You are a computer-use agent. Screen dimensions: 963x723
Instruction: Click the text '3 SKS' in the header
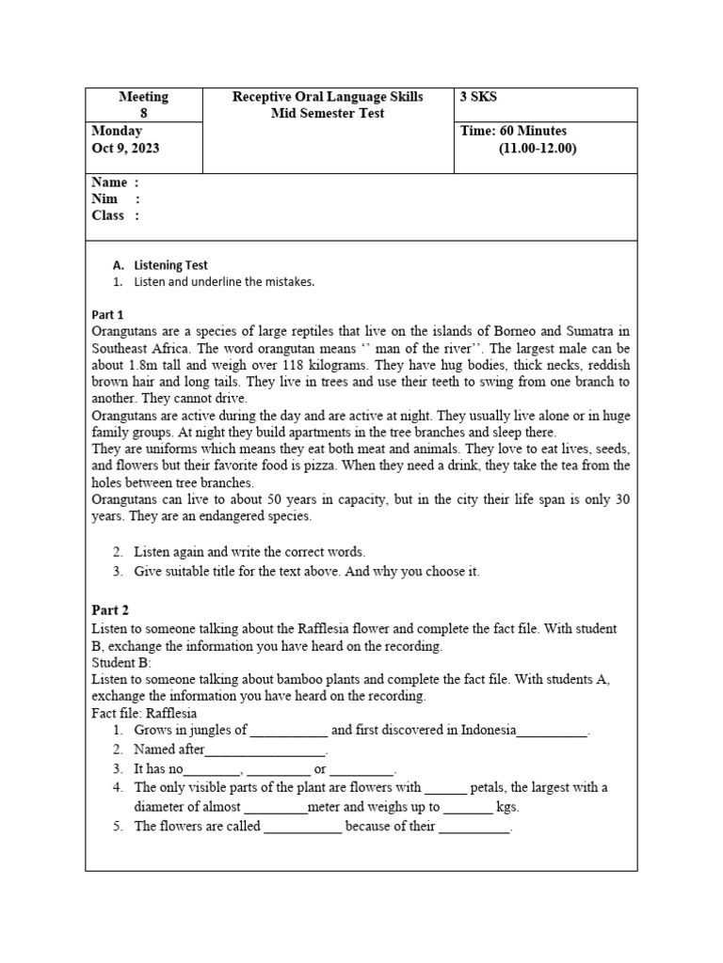click(480, 97)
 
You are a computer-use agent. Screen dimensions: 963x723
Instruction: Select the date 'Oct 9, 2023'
click(126, 149)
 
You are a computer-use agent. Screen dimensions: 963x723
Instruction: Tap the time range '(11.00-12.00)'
click(538, 149)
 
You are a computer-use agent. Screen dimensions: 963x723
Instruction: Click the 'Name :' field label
click(115, 182)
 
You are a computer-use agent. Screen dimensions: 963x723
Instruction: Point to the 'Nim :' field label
click(115, 198)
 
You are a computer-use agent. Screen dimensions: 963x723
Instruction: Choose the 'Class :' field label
click(115, 215)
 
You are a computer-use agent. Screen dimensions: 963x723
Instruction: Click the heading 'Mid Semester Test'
click(328, 113)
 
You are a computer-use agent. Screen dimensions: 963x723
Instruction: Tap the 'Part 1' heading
click(108, 314)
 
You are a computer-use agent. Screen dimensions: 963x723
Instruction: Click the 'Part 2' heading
click(110, 610)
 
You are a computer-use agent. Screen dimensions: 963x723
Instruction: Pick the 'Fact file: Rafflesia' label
click(144, 713)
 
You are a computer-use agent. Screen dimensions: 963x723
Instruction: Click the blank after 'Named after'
click(265, 750)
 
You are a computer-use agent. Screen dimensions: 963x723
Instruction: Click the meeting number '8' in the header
click(144, 113)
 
